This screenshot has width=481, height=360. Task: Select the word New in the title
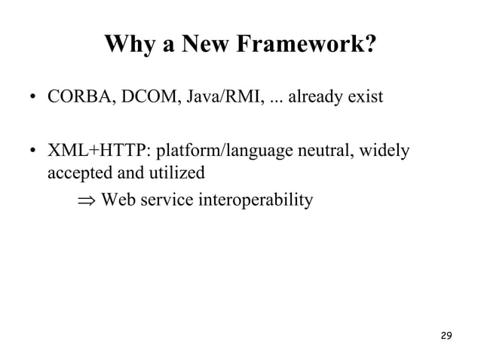(192, 46)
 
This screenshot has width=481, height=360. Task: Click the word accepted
(78, 173)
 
